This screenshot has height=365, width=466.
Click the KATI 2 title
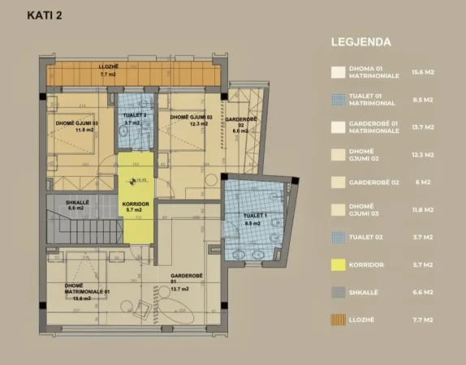[45, 15]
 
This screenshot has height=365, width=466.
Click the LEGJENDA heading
[361, 41]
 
